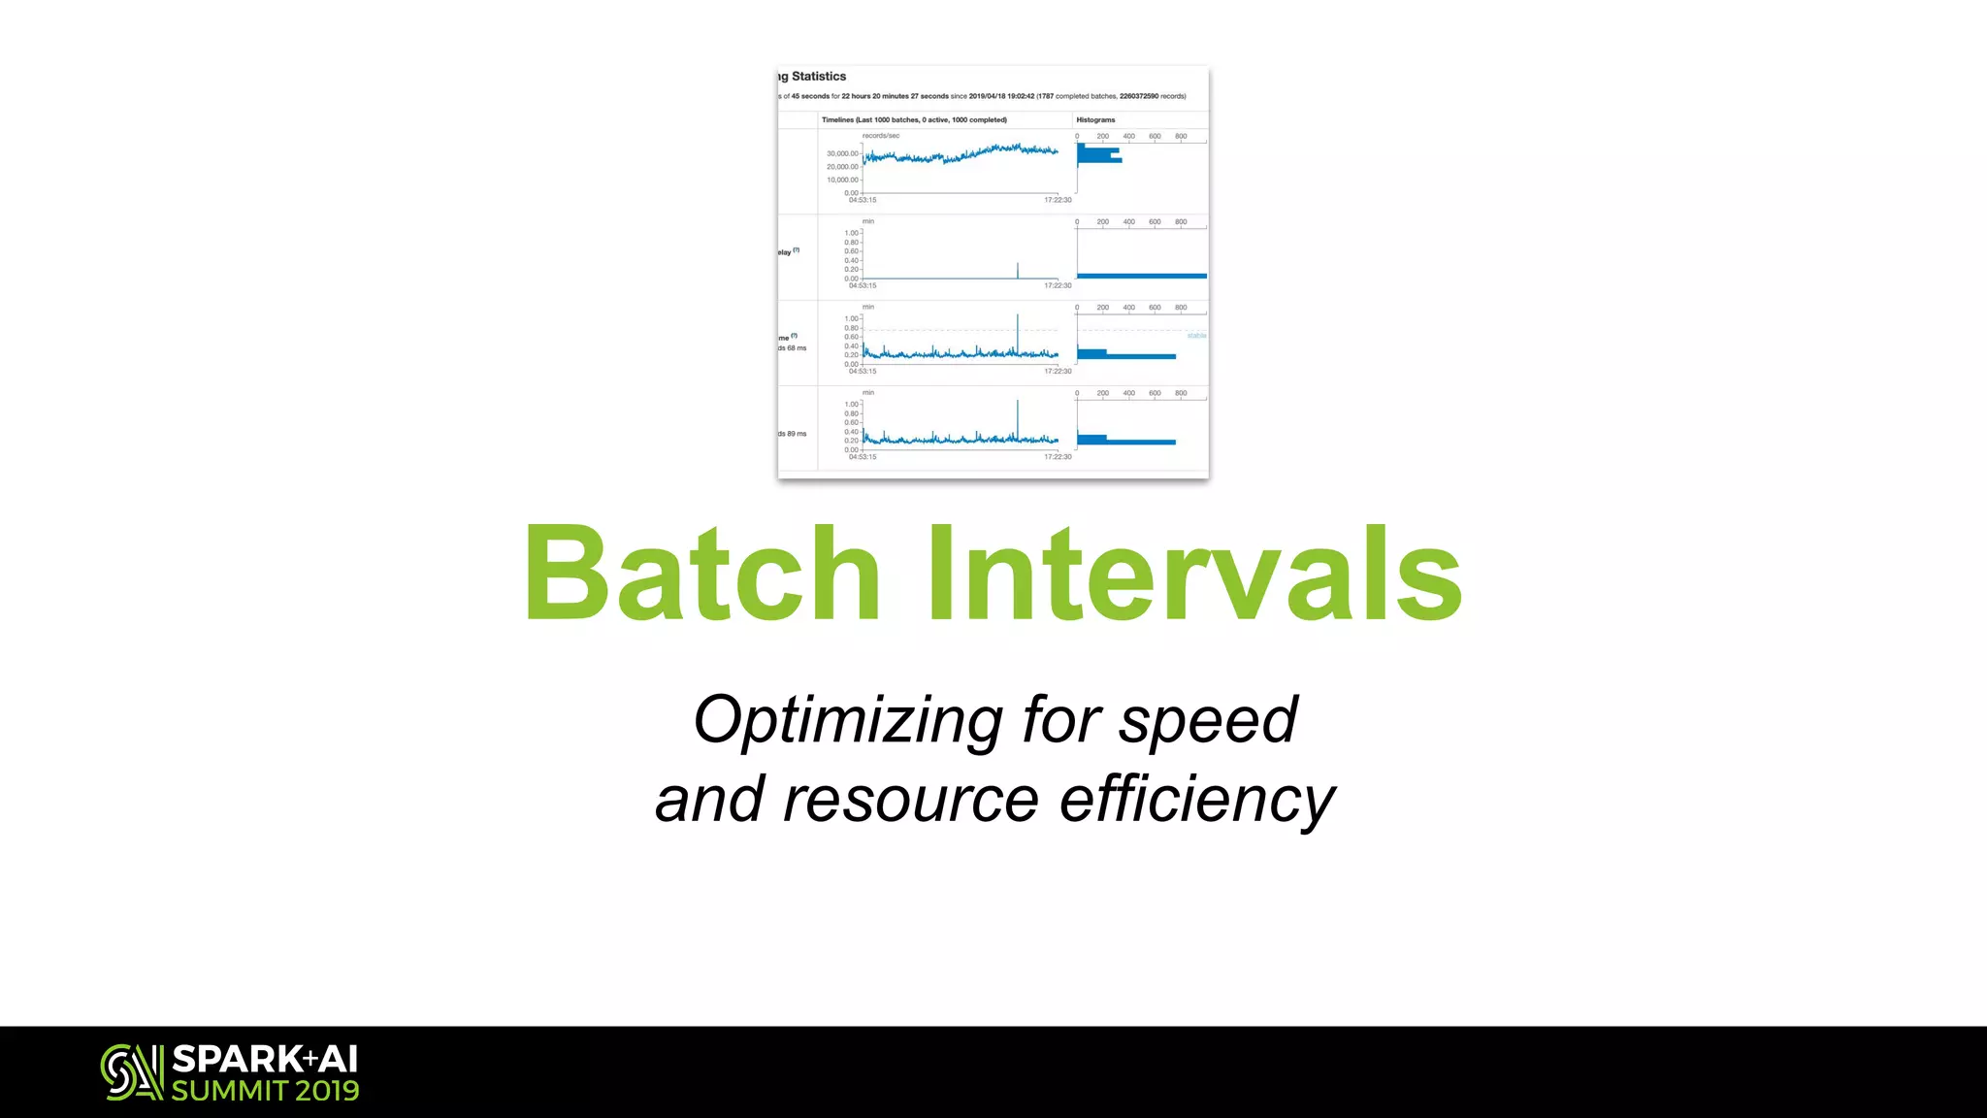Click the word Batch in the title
coord(701,575)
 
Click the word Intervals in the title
coord(1195,575)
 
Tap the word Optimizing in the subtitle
coord(847,720)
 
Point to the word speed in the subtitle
coord(1207,720)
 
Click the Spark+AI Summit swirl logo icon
coord(132,1071)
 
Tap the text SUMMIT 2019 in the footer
coord(265,1091)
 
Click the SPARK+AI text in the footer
coord(265,1058)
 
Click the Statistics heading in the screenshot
coord(818,77)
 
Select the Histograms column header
coord(1095,120)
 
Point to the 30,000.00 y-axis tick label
coord(842,153)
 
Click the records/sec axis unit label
coord(881,136)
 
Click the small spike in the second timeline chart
coord(1018,269)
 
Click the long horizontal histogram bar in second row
coord(1141,276)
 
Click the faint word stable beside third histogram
coord(1196,336)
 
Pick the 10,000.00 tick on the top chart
coord(842,180)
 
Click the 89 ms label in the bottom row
coord(796,434)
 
